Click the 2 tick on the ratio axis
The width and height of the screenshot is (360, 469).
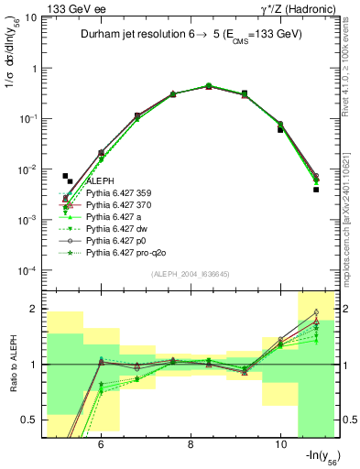point(33,309)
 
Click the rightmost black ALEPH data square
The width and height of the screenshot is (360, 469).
point(316,190)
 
